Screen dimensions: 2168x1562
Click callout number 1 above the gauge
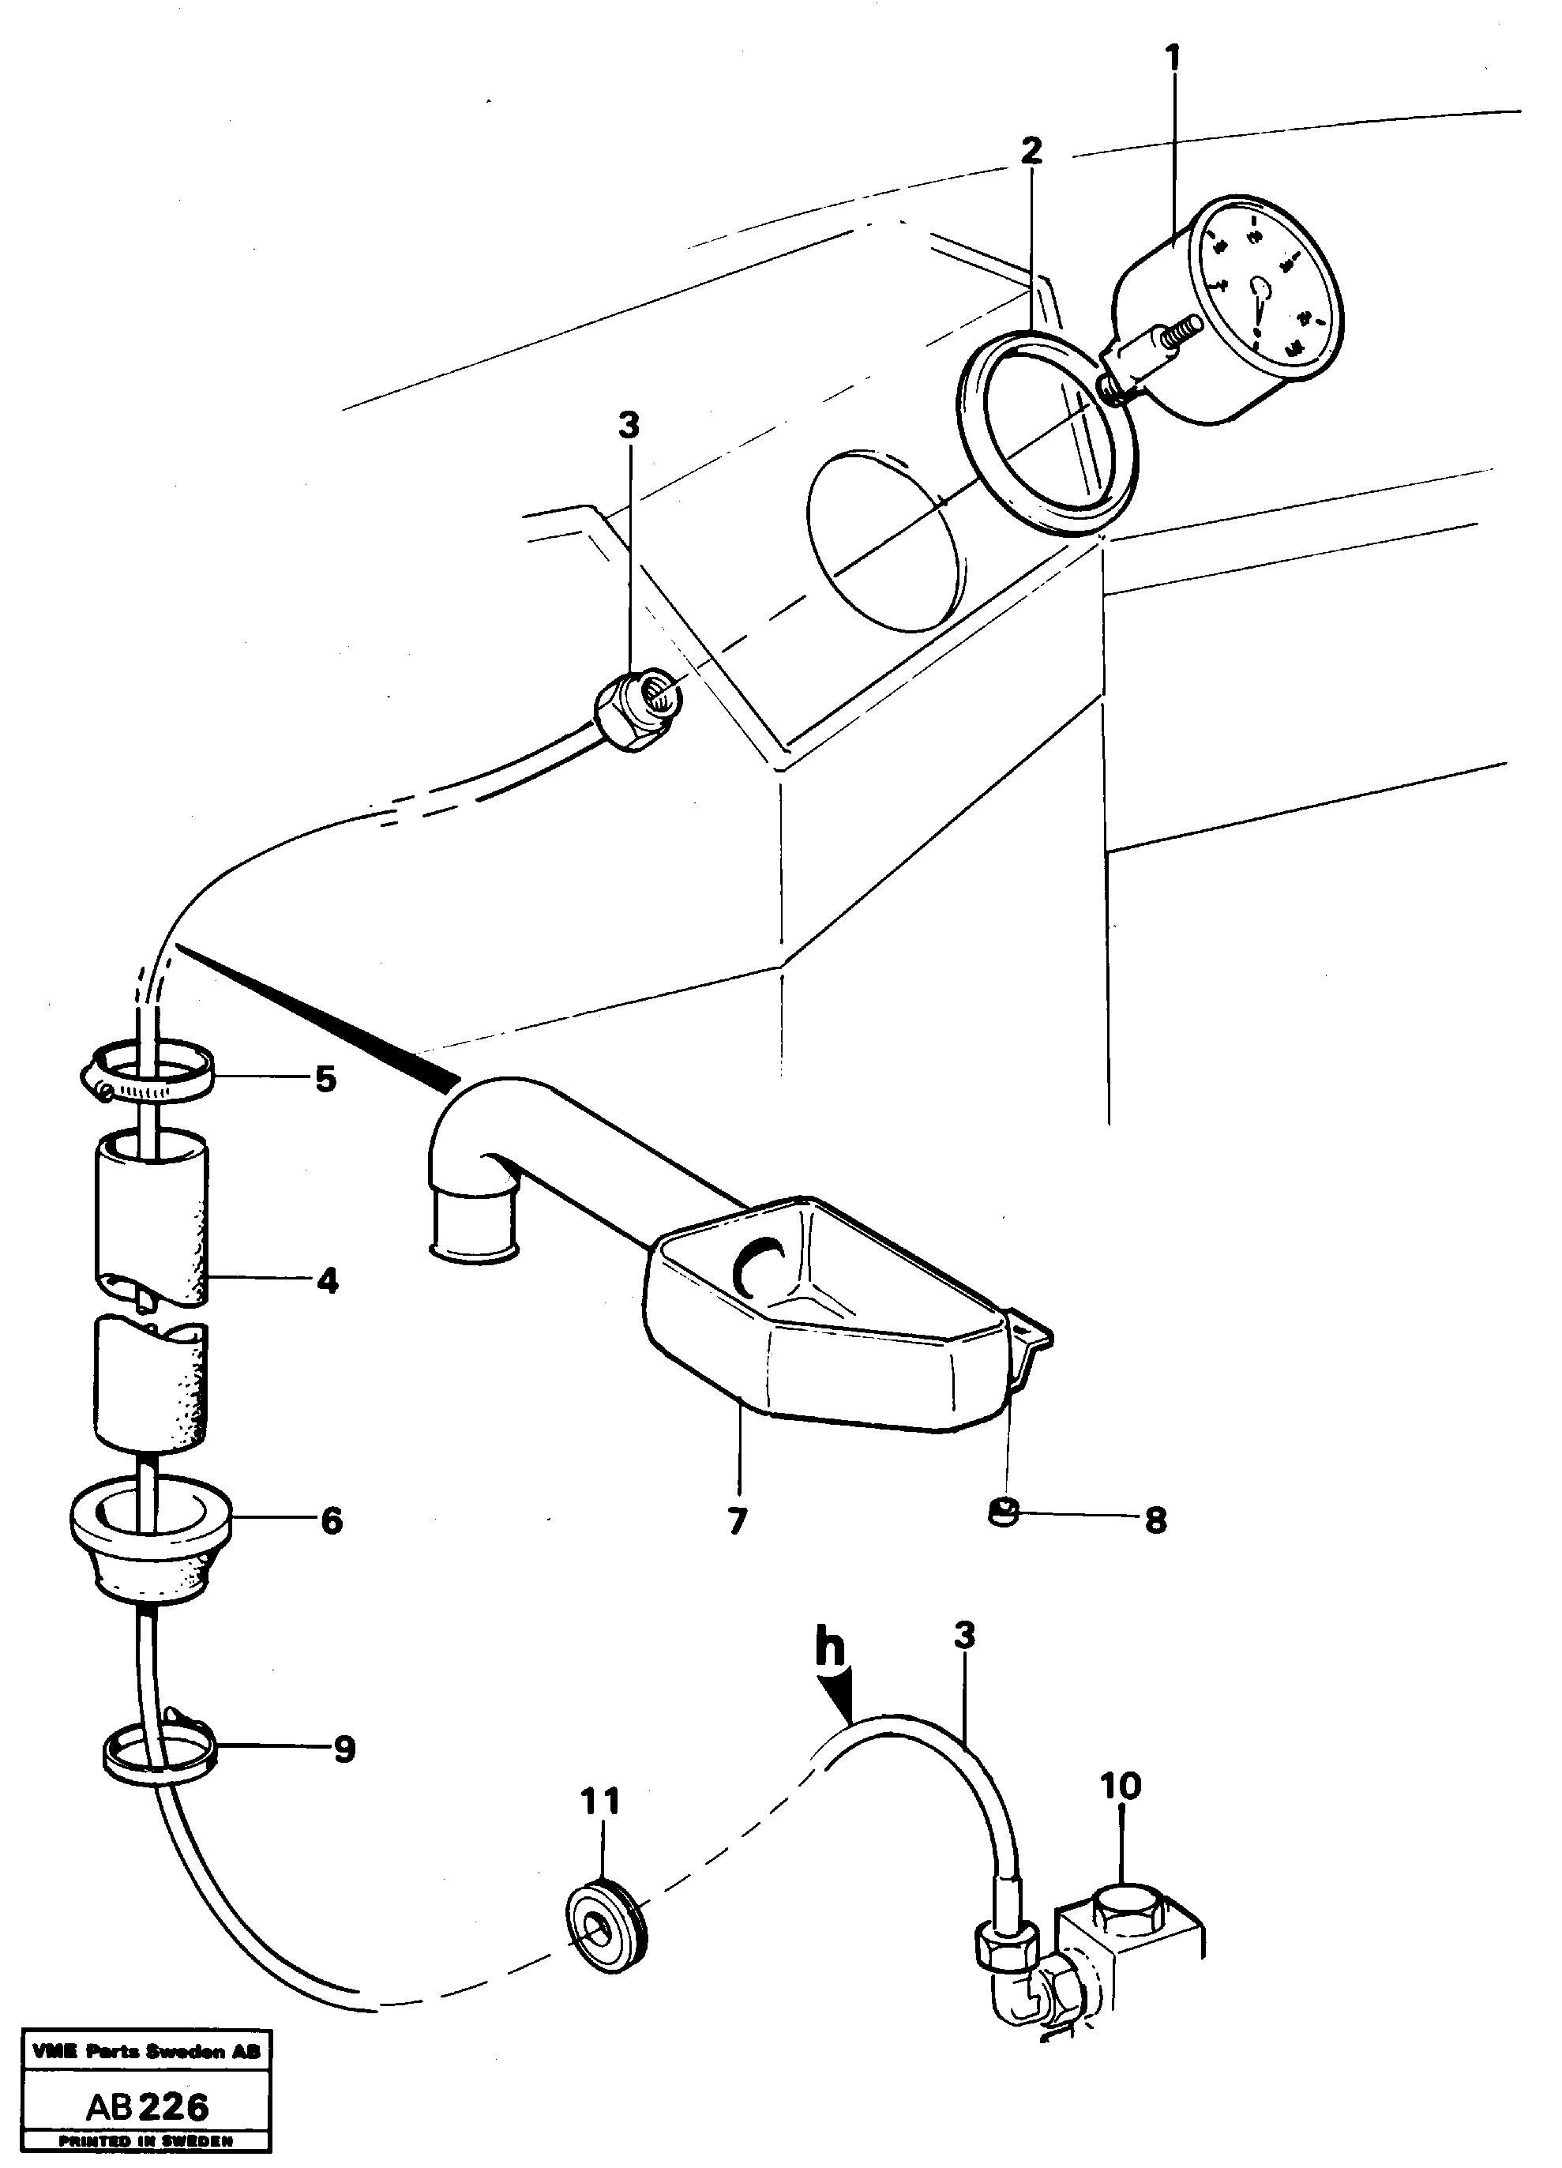(x=1173, y=58)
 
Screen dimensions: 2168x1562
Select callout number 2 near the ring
(x=1031, y=150)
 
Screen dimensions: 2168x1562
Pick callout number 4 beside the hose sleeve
(x=327, y=1281)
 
